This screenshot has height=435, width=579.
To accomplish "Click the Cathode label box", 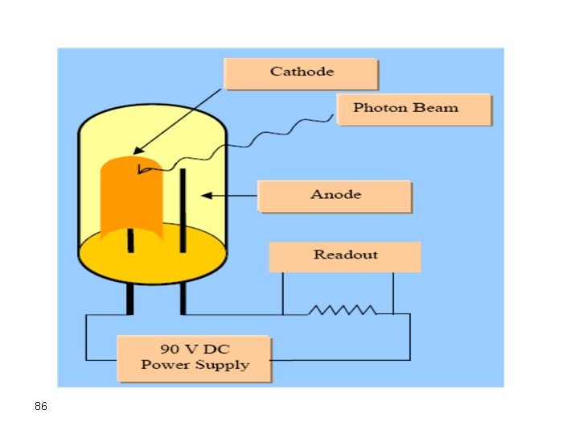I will point(301,73).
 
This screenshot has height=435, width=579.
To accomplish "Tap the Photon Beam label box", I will point(413,109).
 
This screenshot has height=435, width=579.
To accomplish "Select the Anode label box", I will point(335,196).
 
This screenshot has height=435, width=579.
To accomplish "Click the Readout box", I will point(344,256).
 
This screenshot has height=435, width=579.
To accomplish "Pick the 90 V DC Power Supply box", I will point(195,358).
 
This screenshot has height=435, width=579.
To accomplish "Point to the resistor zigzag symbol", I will point(343,310).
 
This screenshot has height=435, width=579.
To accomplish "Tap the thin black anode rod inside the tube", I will point(183,209).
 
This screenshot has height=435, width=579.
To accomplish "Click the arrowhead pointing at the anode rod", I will point(205,195).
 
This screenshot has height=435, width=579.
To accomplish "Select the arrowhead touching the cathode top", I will point(137,150).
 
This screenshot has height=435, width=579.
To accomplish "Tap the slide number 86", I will point(41,407).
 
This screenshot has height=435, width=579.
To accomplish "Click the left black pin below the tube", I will point(129,299).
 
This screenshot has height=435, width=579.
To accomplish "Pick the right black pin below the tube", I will point(183,299).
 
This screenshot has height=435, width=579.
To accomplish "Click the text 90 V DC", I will point(196,349).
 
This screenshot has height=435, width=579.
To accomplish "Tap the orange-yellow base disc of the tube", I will point(153,258).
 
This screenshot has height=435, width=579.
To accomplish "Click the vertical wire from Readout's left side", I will point(282,293).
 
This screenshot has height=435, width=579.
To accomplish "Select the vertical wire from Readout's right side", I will point(392,293).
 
